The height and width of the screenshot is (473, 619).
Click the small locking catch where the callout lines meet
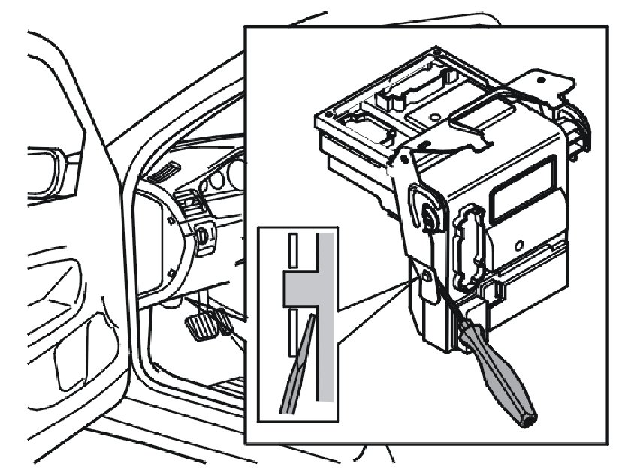(426, 277)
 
